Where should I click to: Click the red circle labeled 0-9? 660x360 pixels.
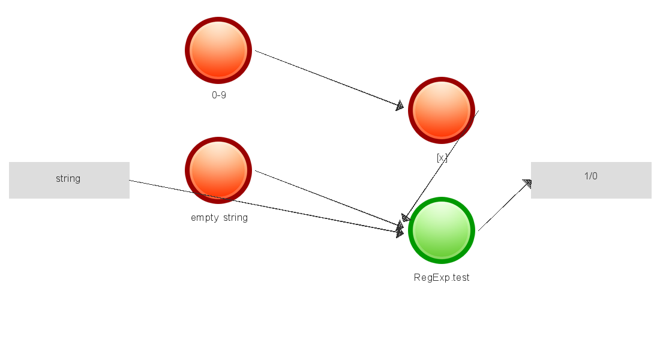tap(218, 50)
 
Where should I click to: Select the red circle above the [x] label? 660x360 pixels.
tap(442, 110)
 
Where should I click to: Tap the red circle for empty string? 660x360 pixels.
tap(218, 170)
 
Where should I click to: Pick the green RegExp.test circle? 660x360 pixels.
tap(442, 230)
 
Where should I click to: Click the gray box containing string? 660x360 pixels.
tap(69, 180)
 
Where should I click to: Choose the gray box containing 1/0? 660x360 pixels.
tap(591, 180)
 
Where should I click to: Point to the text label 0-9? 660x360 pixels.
tap(219, 95)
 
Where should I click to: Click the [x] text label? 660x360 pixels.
tap(442, 158)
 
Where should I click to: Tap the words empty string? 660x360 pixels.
tap(219, 217)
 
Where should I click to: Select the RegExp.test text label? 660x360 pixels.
tap(442, 277)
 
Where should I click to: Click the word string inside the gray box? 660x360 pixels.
tap(68, 178)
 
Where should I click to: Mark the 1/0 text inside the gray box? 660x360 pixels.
tap(591, 176)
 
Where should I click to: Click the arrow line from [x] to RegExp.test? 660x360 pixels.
tap(441, 165)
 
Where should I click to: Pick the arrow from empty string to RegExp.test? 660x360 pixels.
tap(327, 199)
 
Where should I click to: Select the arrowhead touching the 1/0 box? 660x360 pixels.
tap(527, 184)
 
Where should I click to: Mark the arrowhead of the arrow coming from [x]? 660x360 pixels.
tap(406, 217)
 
